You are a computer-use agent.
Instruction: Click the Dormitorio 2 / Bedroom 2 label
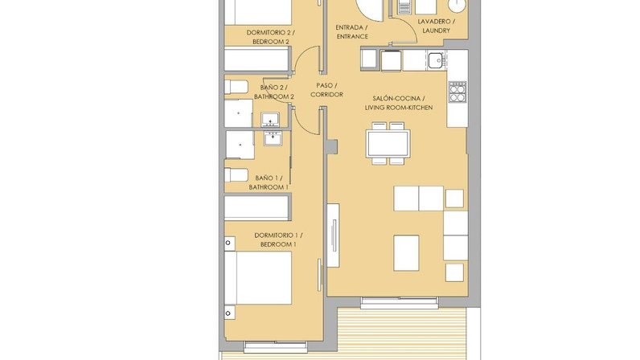pyautogui.click(x=271, y=37)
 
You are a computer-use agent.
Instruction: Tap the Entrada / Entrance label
pyautogui.click(x=352, y=32)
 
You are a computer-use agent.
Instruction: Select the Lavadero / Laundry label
pyautogui.click(x=437, y=26)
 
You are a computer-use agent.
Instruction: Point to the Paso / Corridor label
pyautogui.click(x=326, y=90)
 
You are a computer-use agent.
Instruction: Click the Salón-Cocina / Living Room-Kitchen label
pyautogui.click(x=399, y=103)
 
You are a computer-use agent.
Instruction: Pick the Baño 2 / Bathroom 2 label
pyautogui.click(x=274, y=92)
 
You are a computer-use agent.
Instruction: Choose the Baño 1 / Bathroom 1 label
pyautogui.click(x=269, y=182)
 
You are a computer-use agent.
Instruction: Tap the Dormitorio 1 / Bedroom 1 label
pyautogui.click(x=278, y=239)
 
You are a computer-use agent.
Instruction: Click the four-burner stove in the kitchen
pyautogui.click(x=457, y=92)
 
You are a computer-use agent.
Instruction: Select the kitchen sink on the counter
pyautogui.click(x=436, y=61)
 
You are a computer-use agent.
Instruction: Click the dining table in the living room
pyautogui.click(x=388, y=143)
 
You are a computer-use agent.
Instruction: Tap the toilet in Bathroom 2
pyautogui.click(x=236, y=87)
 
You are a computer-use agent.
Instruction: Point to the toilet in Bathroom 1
pyautogui.click(x=236, y=175)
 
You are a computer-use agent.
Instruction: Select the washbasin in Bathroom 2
pyautogui.click(x=270, y=119)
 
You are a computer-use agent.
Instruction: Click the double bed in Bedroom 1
pyautogui.click(x=258, y=277)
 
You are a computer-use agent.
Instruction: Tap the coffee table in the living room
pyautogui.click(x=406, y=252)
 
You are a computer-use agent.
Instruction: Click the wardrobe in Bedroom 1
pyautogui.click(x=257, y=207)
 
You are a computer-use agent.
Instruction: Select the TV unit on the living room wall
pyautogui.click(x=333, y=235)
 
